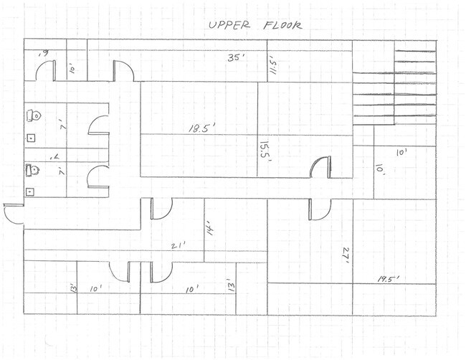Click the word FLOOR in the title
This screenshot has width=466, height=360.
(x=281, y=24)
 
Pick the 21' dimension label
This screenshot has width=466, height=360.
(x=178, y=245)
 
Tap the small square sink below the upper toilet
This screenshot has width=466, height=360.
(x=30, y=136)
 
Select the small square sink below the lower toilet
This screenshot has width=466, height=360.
(x=30, y=191)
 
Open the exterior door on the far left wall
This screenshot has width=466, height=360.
(x=14, y=214)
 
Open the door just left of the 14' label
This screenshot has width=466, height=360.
(x=160, y=209)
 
